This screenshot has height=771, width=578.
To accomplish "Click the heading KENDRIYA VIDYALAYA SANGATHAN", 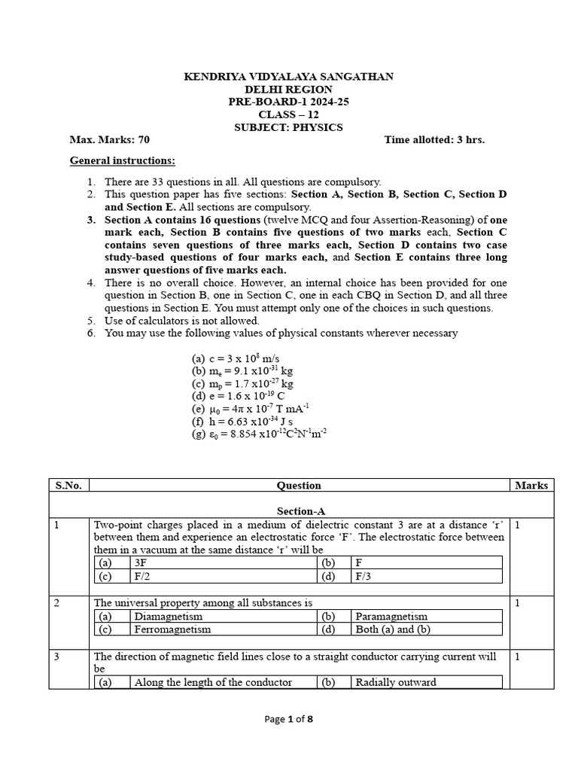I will (x=289, y=77).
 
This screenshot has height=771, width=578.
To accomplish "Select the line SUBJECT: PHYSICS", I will (x=289, y=127).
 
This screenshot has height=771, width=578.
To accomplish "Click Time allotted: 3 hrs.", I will (x=434, y=140).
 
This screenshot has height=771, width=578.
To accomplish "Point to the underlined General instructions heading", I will (x=123, y=160).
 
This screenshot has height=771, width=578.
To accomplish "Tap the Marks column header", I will (x=531, y=486).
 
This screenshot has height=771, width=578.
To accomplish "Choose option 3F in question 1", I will (x=141, y=562).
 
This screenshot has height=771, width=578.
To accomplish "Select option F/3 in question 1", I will (x=364, y=577).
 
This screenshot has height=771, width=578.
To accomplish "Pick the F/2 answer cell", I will (x=141, y=577).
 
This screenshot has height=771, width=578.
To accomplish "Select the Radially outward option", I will (x=396, y=682).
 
